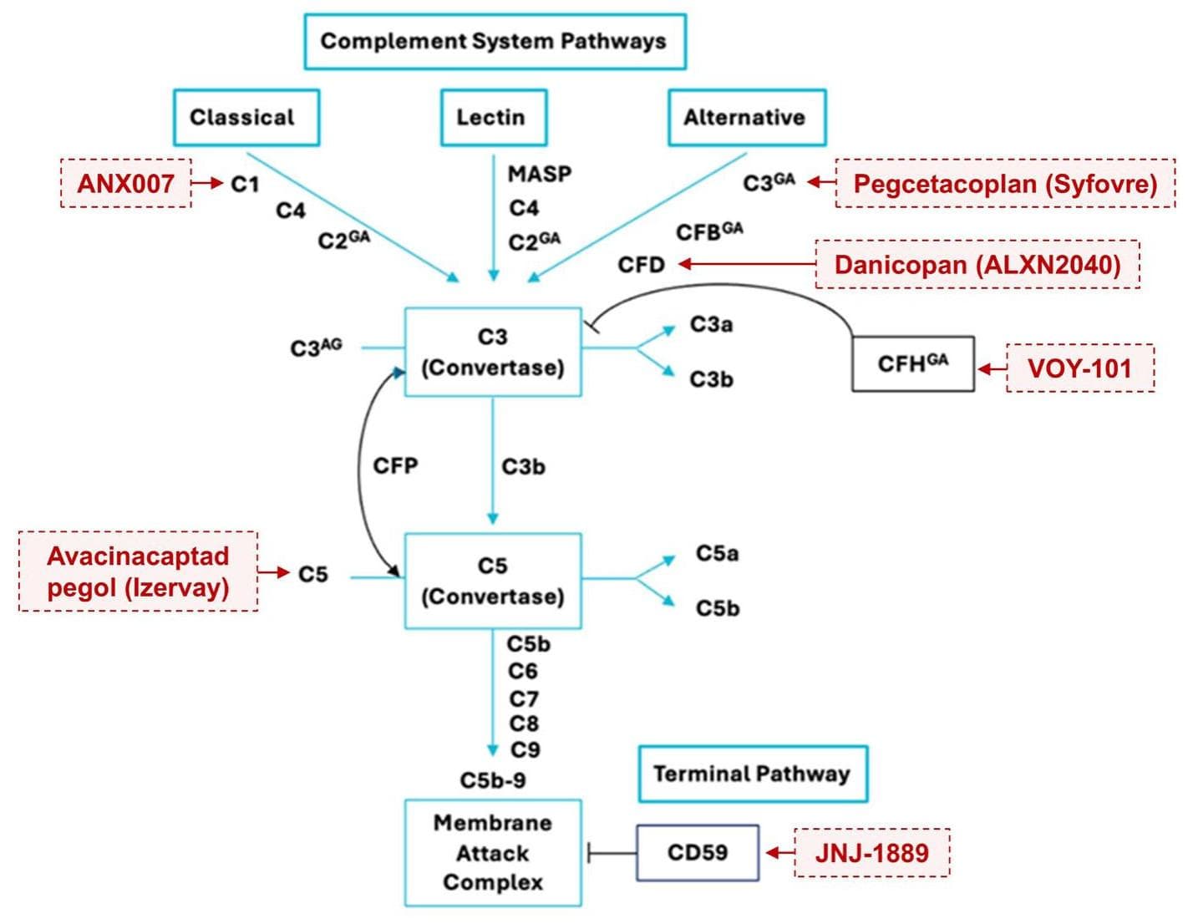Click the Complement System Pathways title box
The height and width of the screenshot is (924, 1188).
pos(494,41)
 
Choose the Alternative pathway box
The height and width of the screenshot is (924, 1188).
pos(746,118)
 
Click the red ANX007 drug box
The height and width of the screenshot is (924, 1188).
pos(125,183)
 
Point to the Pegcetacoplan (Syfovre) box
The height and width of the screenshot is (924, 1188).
pos(1004,183)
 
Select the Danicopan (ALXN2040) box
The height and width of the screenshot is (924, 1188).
pos(977,265)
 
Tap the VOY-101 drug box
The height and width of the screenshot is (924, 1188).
pos(1079,368)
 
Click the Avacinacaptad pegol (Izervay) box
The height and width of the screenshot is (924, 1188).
pos(138,571)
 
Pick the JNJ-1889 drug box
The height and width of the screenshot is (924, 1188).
pos(871,853)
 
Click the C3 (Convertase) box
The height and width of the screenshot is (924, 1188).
pos(493,352)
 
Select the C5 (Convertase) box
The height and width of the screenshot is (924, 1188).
pos(493,581)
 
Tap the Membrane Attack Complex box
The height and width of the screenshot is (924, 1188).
pos(493,853)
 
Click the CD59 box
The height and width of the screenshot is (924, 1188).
pos(698,853)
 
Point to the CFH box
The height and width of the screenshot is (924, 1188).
pos(912,364)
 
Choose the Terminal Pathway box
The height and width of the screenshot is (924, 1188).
pos(752,774)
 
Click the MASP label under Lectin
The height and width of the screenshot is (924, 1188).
pos(540,175)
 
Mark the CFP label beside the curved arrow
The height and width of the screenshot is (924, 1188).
pos(395,465)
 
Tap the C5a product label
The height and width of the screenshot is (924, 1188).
pos(717,554)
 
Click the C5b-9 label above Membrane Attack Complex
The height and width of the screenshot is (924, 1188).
pos(493,780)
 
